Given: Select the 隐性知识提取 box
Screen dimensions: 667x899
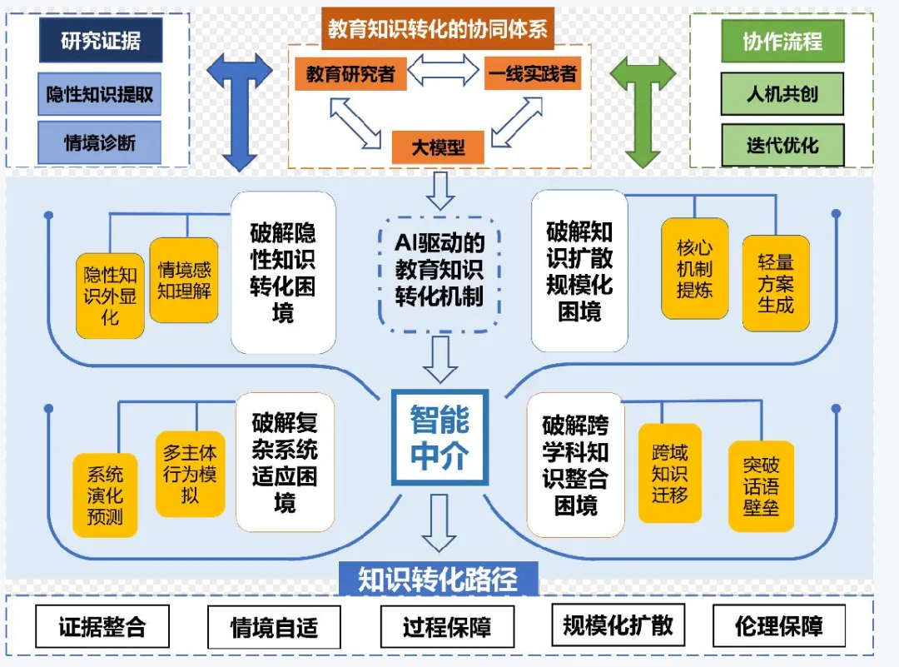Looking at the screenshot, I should (x=100, y=94).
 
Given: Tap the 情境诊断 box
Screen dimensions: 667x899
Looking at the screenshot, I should (x=100, y=142).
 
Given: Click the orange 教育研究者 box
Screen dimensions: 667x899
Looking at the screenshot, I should (x=350, y=73).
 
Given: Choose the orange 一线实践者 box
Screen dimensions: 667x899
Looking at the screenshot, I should (x=533, y=73).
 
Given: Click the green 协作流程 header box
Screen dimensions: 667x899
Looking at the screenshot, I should (x=782, y=41).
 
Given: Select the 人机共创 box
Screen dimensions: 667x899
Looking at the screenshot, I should (x=782, y=94).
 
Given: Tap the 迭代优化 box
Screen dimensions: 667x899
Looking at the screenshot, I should (x=782, y=145).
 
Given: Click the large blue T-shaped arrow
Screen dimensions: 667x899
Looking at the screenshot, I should (x=240, y=108).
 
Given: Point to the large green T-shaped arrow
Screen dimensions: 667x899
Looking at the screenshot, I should (x=643, y=108).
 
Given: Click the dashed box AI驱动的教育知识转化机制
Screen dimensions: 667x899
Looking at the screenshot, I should (x=440, y=272).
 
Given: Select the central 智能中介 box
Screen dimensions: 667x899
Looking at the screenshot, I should (x=440, y=437).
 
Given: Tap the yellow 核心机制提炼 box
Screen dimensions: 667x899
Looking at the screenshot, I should (x=694, y=269).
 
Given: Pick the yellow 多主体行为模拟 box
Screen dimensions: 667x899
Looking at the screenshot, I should (x=190, y=474).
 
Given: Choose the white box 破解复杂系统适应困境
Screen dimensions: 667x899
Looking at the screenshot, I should (x=285, y=462).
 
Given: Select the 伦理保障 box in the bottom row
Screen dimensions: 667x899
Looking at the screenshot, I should (x=779, y=626).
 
